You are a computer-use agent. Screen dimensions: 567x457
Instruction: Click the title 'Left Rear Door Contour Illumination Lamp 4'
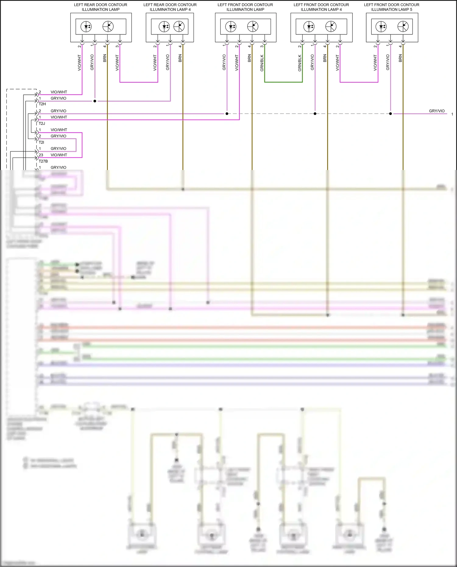(170, 7)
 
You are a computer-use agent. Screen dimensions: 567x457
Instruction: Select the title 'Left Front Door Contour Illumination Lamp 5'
(391, 7)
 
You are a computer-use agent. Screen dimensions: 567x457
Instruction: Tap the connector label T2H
(42, 104)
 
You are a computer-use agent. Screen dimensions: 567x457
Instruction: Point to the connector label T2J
(42, 123)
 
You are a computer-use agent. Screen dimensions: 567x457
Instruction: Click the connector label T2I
(41, 142)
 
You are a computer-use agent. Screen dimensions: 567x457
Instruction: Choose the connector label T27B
(43, 161)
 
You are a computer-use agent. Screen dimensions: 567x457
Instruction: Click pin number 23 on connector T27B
(41, 155)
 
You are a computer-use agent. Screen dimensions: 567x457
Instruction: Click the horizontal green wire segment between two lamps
(283, 82)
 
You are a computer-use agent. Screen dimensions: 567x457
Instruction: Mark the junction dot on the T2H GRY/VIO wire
(95, 101)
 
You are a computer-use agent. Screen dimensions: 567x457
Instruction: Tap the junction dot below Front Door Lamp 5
(391, 114)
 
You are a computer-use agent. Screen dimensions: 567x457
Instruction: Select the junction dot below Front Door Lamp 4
(315, 114)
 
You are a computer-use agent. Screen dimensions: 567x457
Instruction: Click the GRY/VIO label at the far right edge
(437, 111)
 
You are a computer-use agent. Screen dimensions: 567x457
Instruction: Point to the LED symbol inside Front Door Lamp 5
(381, 27)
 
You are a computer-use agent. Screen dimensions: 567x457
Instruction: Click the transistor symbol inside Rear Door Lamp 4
(179, 27)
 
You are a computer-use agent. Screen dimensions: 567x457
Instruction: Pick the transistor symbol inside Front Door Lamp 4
(331, 27)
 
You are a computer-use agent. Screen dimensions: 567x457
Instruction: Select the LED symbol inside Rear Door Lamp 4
(164, 27)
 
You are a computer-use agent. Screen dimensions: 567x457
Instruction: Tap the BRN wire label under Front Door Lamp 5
(400, 58)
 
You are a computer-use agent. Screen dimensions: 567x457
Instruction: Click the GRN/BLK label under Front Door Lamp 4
(299, 63)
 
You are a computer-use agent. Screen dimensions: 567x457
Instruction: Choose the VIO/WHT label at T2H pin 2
(59, 92)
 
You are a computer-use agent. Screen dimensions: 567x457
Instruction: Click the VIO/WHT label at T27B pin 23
(59, 155)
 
